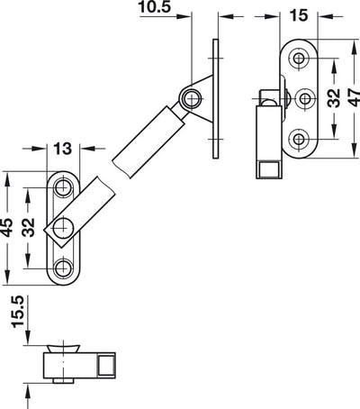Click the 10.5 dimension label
[x=155, y=6]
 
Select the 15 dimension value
[x=299, y=15]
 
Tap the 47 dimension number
[x=355, y=97]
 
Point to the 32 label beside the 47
[x=334, y=98]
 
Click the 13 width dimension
[x=63, y=149]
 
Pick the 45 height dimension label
[x=6, y=227]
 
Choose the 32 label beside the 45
[x=29, y=227]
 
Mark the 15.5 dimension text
[x=17, y=312]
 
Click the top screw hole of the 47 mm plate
[x=299, y=58]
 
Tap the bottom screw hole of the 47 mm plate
[x=299, y=139]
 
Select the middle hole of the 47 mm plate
[x=305, y=98]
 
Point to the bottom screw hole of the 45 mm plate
[x=63, y=268]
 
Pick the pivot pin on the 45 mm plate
[x=63, y=228]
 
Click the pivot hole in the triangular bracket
[x=191, y=98]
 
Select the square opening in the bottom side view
[x=106, y=365]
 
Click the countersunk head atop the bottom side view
[x=63, y=350]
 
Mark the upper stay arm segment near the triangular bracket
[x=148, y=141]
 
